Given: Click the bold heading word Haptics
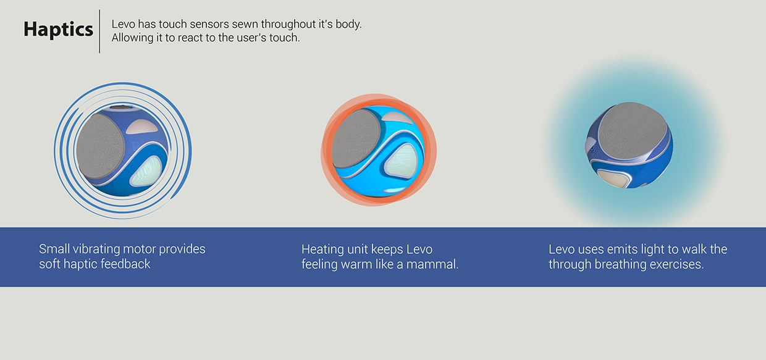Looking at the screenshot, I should coord(58,30).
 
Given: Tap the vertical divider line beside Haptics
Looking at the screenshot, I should coord(99,31).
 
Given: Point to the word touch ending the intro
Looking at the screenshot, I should coord(285,38).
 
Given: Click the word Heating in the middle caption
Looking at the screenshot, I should coord(323,249).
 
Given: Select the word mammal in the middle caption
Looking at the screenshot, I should coord(435,264).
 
